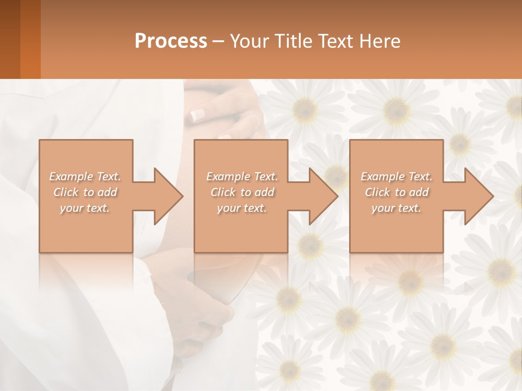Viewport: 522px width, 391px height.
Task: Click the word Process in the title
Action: pos(171,41)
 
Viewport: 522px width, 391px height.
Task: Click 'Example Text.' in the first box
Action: pos(85,176)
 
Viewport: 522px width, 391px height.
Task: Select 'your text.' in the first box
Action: pos(85,208)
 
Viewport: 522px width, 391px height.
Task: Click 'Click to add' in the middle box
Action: pos(242,192)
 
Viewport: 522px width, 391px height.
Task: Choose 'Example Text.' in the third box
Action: pos(396,176)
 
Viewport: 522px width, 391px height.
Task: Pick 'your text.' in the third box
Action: pos(396,208)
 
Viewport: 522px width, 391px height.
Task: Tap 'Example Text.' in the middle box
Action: pos(242,176)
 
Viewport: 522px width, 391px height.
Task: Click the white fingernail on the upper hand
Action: pos(196,115)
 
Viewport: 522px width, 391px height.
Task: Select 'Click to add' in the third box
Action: pos(396,192)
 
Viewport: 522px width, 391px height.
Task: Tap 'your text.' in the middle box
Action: pos(242,208)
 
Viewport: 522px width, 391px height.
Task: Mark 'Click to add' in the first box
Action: pos(85,192)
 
